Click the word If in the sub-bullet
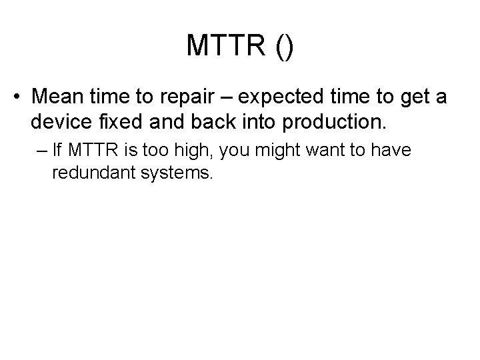(58, 151)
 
